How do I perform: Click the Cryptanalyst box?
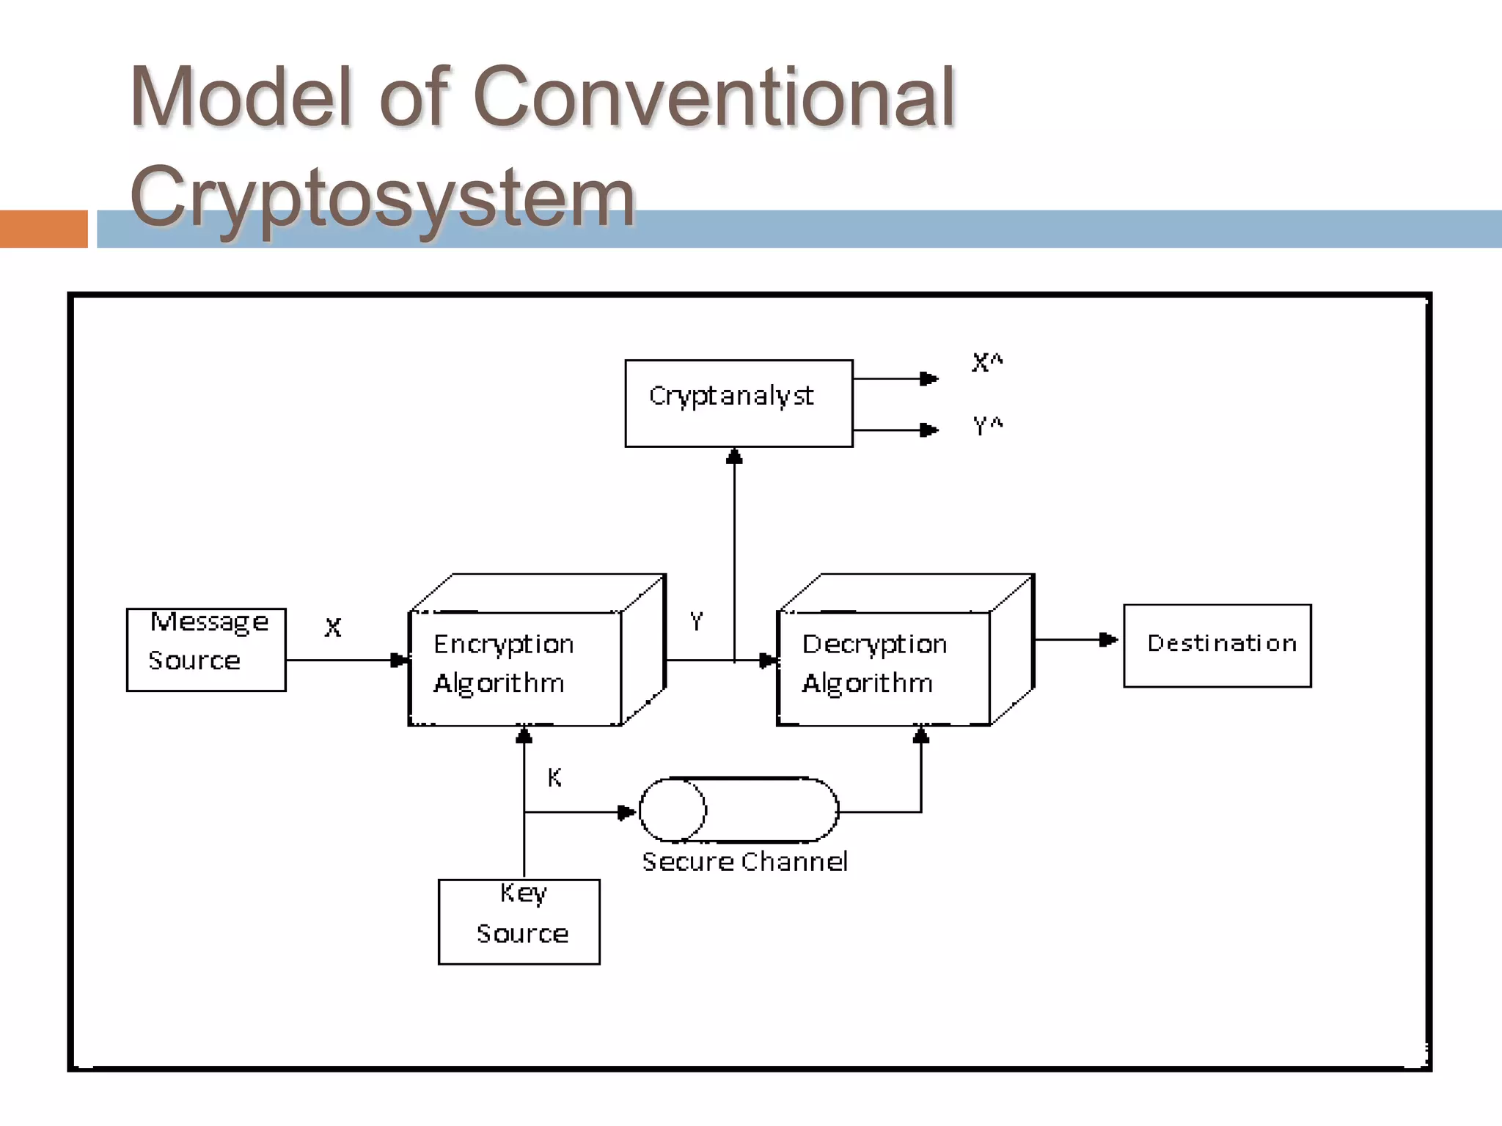click(x=738, y=403)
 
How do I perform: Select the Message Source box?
click(x=206, y=650)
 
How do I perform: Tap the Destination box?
click(x=1217, y=646)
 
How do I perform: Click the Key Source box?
click(x=519, y=921)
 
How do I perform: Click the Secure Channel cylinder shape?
click(x=739, y=810)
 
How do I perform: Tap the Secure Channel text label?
click(x=744, y=861)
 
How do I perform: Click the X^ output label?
click(x=986, y=362)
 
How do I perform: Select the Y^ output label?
click(x=986, y=425)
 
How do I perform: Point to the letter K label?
click(x=554, y=778)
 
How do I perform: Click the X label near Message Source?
click(x=333, y=628)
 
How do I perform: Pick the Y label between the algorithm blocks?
click(x=696, y=622)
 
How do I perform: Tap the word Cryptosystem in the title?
click(x=381, y=196)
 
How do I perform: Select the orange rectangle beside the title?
click(x=43, y=229)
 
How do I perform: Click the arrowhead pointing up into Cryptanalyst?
click(x=734, y=457)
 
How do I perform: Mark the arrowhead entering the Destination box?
click(x=1108, y=640)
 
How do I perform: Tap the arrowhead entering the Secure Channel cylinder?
click(x=626, y=812)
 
